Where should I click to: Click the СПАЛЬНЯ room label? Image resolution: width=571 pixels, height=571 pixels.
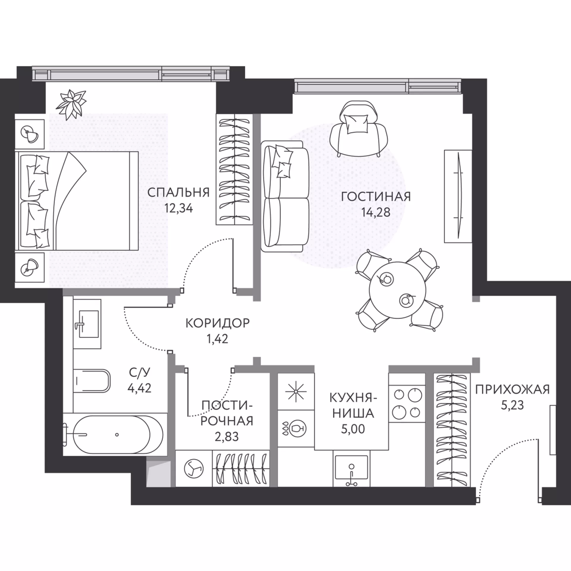[x=178, y=192]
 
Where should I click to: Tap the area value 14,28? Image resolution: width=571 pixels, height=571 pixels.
[x=376, y=212]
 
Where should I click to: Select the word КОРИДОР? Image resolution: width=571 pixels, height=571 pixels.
[x=217, y=323]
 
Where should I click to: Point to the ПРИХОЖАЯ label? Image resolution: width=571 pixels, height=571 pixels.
[x=512, y=389]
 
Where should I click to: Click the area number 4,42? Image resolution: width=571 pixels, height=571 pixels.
[x=140, y=388]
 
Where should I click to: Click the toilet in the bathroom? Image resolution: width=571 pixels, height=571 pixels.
[x=92, y=380]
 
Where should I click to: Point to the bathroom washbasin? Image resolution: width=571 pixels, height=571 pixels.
[x=87, y=324]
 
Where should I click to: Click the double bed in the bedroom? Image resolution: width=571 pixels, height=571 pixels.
[x=77, y=201]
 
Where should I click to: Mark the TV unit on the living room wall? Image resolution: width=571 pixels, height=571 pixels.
[x=458, y=196]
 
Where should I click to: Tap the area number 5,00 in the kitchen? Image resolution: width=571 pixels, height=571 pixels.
[x=353, y=429]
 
